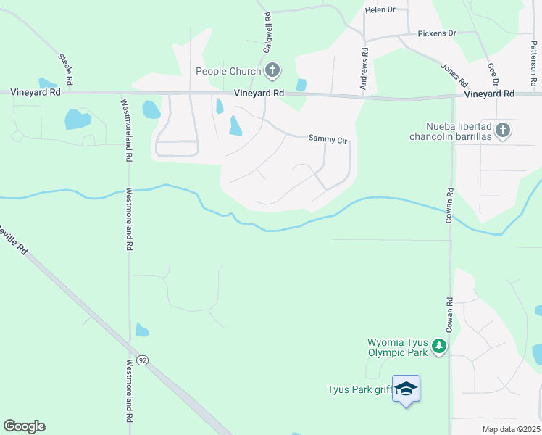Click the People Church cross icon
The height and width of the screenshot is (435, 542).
coord(272,70)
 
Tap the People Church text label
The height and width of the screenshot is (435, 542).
coord(228,71)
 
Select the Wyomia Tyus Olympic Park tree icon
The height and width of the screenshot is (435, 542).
coord(439,347)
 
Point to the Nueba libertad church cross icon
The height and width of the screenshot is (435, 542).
coord(504,130)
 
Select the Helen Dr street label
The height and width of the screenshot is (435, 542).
coord(380,10)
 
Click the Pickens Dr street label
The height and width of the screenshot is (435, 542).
coord(437,33)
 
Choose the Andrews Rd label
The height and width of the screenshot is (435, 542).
coord(364,70)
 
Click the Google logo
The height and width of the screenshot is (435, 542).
coord(24,426)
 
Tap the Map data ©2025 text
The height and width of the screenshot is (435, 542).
coord(510,429)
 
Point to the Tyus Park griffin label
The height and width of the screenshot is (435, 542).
coord(359,390)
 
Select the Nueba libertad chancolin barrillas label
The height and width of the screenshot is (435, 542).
coord(450,131)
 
